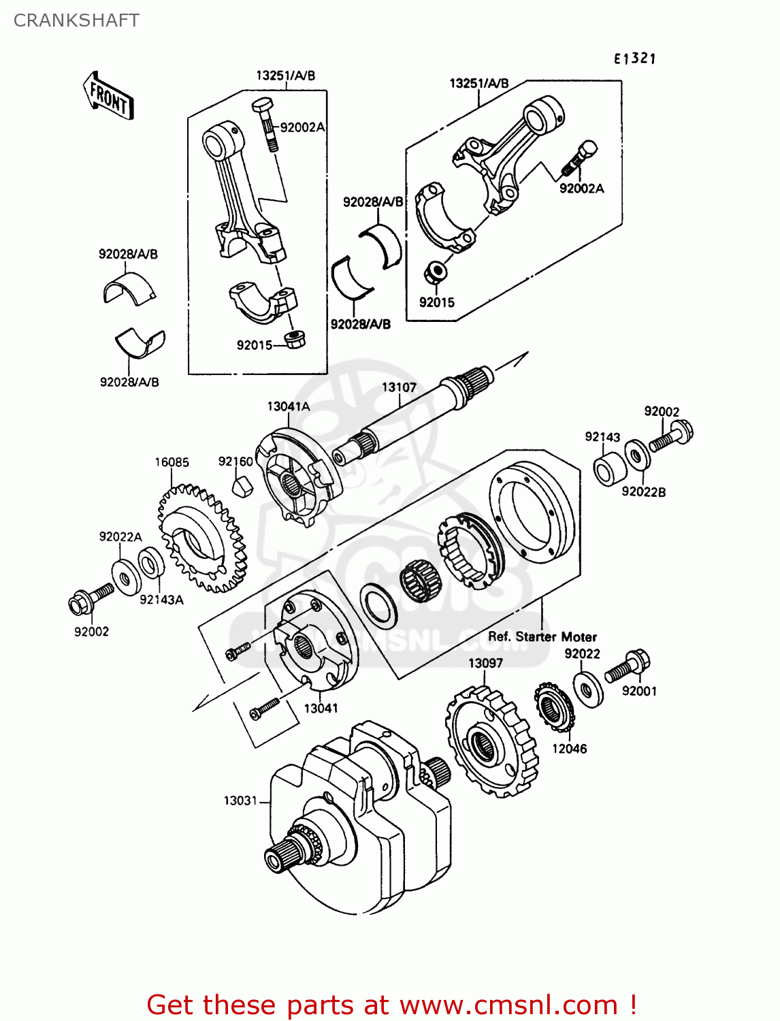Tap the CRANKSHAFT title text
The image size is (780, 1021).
76,20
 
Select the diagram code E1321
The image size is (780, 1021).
634,59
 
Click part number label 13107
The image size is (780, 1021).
399,387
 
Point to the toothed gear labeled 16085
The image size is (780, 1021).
201,538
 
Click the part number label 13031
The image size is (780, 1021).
240,800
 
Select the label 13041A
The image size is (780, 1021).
288,406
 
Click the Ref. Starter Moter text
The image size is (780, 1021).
542,636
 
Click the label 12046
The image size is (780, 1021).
569,749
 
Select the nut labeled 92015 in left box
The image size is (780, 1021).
294,339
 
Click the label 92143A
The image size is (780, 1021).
161,600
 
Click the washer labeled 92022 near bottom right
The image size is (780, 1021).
588,690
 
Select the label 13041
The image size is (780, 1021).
321,708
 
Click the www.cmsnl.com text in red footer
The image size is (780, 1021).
508,1005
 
